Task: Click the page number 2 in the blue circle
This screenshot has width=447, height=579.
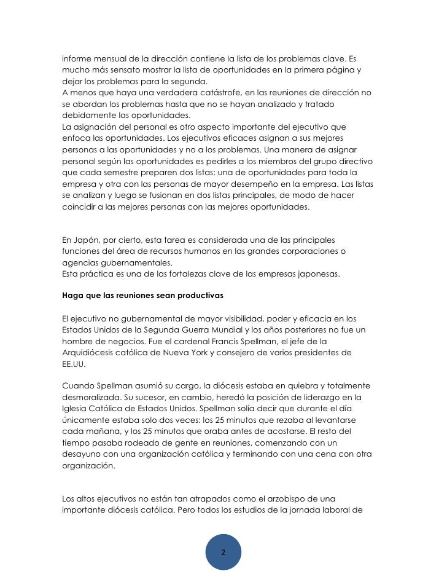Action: click(223, 551)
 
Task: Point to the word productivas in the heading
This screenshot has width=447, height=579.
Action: click(200, 295)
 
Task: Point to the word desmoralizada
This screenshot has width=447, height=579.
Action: click(91, 397)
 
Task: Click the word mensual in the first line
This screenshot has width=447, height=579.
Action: click(107, 59)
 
